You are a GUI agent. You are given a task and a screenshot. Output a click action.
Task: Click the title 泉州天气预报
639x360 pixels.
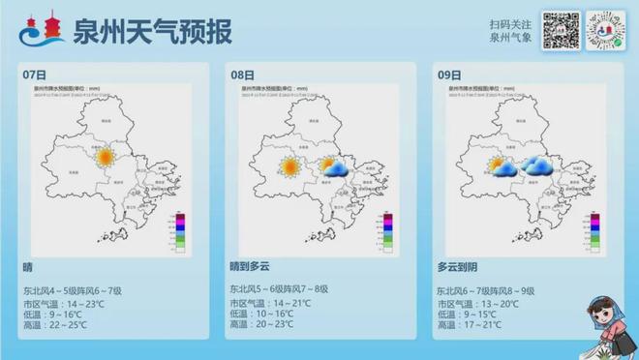pos(152,31)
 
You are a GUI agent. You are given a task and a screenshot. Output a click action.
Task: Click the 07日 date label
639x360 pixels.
pos(34,75)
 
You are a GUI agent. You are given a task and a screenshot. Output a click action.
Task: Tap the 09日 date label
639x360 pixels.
pos(448,75)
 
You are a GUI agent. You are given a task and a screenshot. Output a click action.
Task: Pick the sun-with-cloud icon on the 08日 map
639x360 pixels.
pos(334,167)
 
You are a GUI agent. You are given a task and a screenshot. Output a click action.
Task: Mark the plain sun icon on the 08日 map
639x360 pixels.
pos(289,166)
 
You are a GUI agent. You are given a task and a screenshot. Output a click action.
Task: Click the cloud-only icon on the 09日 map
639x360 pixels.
pos(540,167)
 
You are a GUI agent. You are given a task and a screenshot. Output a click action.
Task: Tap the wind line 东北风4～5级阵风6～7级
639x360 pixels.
pos(73,290)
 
